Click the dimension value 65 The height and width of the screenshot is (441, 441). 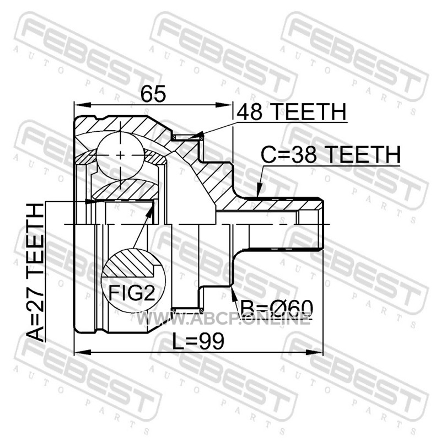pos(154,94)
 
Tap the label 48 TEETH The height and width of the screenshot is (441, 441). pos(292,111)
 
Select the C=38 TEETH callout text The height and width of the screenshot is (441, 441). pos(330,154)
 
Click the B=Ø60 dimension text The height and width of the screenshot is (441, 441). pos(276,308)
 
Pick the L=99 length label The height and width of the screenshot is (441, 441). pos(198,341)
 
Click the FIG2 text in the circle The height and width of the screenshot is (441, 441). pos(132,293)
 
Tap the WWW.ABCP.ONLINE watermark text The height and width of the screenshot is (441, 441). pos(224,319)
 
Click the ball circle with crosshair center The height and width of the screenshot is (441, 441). pos(120,155)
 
